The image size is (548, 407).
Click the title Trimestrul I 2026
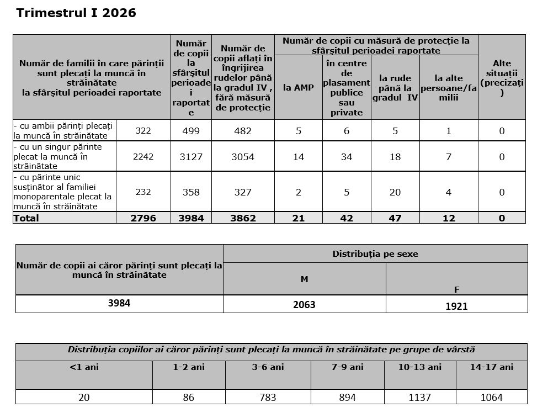click(x=76, y=13)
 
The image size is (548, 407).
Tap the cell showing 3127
click(x=191, y=157)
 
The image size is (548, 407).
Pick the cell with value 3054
click(x=243, y=157)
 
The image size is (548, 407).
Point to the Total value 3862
click(x=243, y=218)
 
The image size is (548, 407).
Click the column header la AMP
click(x=298, y=87)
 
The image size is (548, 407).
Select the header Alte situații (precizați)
click(x=502, y=78)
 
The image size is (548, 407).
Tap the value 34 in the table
click(x=347, y=157)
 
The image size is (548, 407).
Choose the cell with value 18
click(x=395, y=157)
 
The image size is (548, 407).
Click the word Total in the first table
click(x=26, y=218)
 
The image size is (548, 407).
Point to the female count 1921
click(x=456, y=306)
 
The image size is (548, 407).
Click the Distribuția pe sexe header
click(x=375, y=254)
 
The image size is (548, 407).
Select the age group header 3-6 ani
click(x=268, y=367)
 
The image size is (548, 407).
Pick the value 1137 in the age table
click(x=419, y=397)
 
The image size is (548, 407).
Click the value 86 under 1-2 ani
click(x=189, y=397)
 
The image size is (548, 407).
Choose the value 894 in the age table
click(x=347, y=397)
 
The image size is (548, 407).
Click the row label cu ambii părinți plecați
click(x=63, y=131)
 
